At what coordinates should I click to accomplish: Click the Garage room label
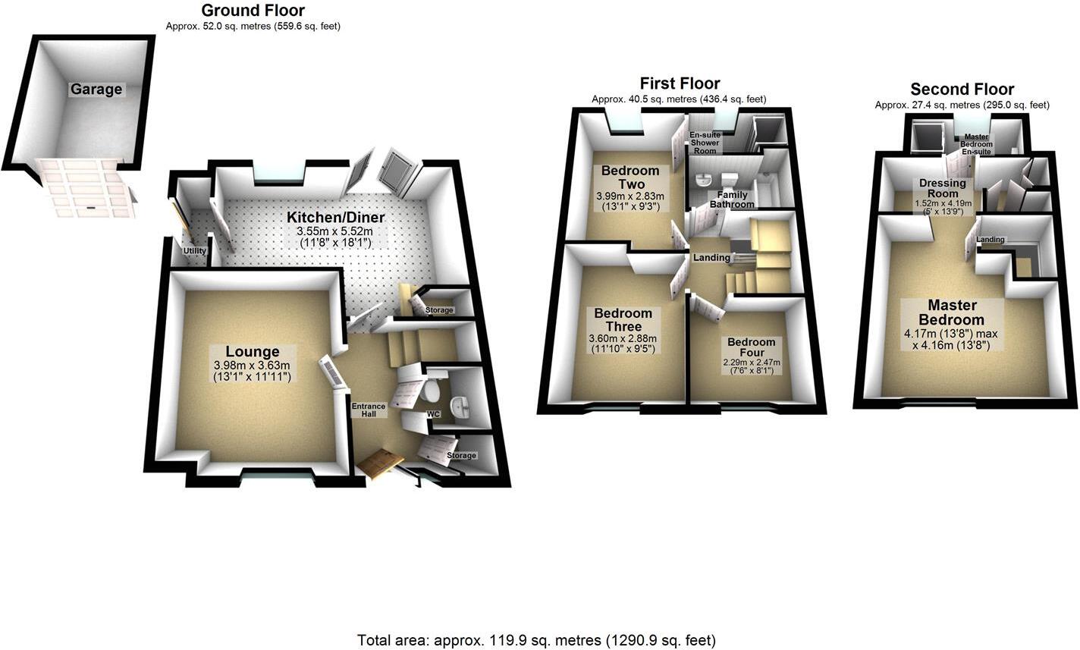(96, 89)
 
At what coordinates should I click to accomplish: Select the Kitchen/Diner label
(335, 218)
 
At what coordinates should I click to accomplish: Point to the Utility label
(194, 251)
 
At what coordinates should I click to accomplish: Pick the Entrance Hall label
(369, 410)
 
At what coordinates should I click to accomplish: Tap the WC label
(433, 415)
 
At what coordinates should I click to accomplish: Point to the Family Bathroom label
(732, 199)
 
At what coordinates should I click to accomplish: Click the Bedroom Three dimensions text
(623, 344)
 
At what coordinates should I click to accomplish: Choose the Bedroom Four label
(751, 347)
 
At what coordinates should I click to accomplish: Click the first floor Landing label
(711, 258)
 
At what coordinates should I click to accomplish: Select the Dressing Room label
(942, 188)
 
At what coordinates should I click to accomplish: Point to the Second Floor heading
(962, 89)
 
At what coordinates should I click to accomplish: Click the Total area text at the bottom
(536, 640)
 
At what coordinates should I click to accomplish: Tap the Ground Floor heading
(253, 11)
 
